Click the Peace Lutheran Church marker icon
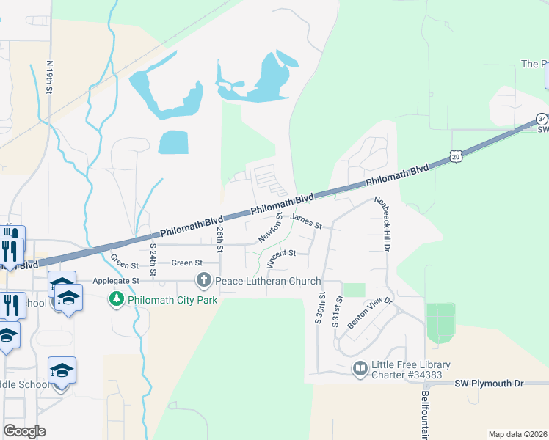tap(203, 281)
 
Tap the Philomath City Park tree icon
tap(116, 299)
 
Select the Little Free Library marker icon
tap(360, 369)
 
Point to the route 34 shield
tap(542, 118)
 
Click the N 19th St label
tap(50, 76)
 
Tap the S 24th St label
tap(154, 260)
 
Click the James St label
tap(306, 221)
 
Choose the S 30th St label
tap(321, 311)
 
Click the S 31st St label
tap(338, 311)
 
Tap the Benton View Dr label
tap(371, 312)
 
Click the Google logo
tap(24, 430)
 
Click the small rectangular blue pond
tap(173, 142)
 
